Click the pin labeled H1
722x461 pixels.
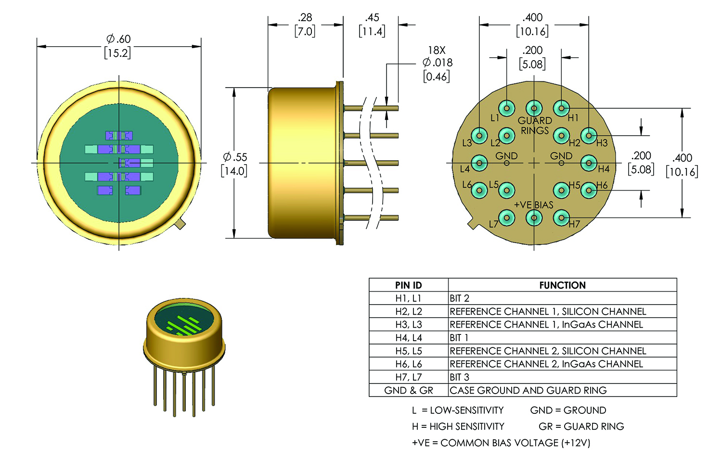pyautogui.click(x=561, y=108)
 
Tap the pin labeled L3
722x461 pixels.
pyautogui.click(x=479, y=135)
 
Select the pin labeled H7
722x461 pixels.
pyautogui.click(x=561, y=218)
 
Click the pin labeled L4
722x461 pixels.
pyautogui.click(x=479, y=163)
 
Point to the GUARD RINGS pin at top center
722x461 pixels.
pyautogui.click(x=534, y=108)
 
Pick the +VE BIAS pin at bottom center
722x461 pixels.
pyautogui.click(x=534, y=218)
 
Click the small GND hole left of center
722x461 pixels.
pyautogui.click(x=506, y=163)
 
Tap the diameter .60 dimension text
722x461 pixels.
pyautogui.click(x=118, y=39)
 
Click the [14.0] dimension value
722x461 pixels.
pyautogui.click(x=234, y=171)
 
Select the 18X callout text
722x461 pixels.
pyautogui.click(x=437, y=50)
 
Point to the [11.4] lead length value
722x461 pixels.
pyautogui.click(x=372, y=32)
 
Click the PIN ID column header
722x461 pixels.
pyautogui.click(x=408, y=285)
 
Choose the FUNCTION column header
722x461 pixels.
pyautogui.click(x=562, y=285)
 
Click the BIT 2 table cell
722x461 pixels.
pyautogui.click(x=460, y=298)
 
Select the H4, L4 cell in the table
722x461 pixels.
pyautogui.click(x=408, y=338)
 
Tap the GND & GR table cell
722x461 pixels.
pyautogui.click(x=408, y=390)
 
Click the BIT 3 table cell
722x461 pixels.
pyautogui.click(x=460, y=377)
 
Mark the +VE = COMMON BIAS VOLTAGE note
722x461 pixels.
pyautogui.click(x=501, y=443)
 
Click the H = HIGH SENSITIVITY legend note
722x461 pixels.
pyautogui.click(x=458, y=426)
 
